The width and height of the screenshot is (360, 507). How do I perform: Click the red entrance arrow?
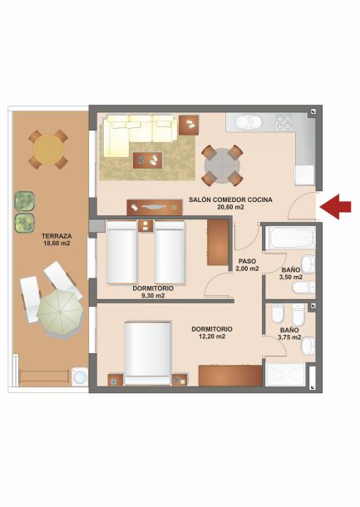pos(335,207)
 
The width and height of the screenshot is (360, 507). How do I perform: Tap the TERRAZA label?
pos(57,236)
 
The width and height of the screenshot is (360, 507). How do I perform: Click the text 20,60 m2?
pos(230,207)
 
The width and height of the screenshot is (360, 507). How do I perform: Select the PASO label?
pos(247,261)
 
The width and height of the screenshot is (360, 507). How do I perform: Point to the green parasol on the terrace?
pos(60,313)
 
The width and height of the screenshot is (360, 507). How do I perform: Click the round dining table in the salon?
pos(222,165)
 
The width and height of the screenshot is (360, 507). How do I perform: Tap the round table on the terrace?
pos(48,150)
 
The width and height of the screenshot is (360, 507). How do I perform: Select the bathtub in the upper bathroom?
pos(290,238)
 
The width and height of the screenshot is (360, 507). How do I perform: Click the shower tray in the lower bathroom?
pos(284,375)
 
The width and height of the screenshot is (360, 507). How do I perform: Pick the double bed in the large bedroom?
pos(147,353)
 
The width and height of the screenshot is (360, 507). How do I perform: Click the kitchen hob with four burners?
pos(284,122)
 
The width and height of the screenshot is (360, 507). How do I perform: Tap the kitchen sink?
pos(249,122)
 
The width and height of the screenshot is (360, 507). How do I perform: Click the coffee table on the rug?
pos(147,160)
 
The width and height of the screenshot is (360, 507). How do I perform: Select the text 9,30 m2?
pos(153,295)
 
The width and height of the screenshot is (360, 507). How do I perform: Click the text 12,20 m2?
pos(212,337)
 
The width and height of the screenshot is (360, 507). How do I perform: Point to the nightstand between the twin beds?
pos(145,226)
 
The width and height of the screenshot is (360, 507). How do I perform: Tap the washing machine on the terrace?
pos(80,377)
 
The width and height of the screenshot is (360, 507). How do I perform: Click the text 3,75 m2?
pos(289,337)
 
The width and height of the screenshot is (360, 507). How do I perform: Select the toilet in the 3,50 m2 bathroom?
pos(303,288)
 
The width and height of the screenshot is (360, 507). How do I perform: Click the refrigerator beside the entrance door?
pos(304,175)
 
